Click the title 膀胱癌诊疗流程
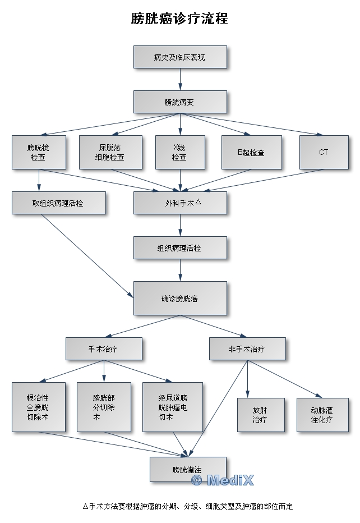(x=179, y=19)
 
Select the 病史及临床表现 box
(x=180, y=57)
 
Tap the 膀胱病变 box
(x=180, y=102)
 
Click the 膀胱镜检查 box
(x=39, y=153)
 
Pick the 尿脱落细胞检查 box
(x=110, y=153)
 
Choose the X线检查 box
(x=180, y=153)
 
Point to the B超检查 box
(x=251, y=153)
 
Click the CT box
(x=324, y=153)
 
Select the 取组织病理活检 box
(x=58, y=203)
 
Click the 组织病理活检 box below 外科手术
(x=180, y=248)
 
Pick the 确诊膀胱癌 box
(x=180, y=298)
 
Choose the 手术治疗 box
(x=103, y=348)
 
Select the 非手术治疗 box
(x=247, y=348)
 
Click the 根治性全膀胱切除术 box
(x=39, y=407)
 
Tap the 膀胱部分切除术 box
(x=104, y=407)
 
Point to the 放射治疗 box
(x=260, y=415)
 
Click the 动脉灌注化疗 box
(x=322, y=415)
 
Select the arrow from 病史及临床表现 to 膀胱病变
(x=180, y=80)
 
